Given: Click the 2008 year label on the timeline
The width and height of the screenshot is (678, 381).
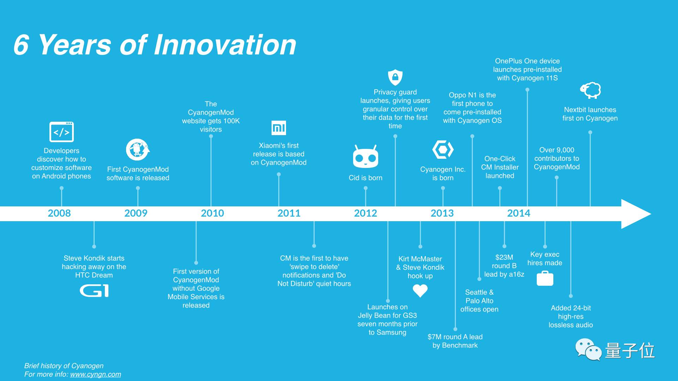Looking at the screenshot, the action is [59, 213].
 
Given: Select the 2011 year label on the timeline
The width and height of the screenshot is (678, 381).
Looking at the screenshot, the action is [289, 213].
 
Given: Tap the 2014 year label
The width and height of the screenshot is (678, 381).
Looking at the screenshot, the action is [519, 213].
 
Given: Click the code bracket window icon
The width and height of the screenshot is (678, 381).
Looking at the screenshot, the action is [61, 132].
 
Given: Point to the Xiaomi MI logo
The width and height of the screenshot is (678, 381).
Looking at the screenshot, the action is [279, 128].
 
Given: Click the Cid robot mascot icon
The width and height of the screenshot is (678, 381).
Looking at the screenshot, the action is [365, 157].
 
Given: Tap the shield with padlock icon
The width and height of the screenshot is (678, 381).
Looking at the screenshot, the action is [395, 77].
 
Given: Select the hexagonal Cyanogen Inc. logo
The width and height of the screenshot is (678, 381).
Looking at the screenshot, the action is [443, 150].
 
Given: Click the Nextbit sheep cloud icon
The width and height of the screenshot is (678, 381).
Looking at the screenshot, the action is [590, 90].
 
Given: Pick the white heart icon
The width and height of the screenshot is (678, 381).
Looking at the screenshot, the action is [420, 291].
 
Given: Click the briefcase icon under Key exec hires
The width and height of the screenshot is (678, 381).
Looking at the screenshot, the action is [545, 278].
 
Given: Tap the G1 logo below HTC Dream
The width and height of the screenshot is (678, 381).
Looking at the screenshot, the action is [94, 291].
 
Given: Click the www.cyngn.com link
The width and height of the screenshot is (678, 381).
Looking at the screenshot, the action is [95, 374].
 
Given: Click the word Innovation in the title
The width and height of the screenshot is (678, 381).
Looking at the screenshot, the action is [225, 45].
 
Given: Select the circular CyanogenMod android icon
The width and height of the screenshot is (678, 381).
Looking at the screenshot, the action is [138, 150].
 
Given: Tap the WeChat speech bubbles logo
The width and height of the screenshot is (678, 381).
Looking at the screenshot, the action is [588, 350].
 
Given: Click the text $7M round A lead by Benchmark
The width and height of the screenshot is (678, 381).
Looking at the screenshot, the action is [455, 341].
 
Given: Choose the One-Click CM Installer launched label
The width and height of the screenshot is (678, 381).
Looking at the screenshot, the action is [500, 167].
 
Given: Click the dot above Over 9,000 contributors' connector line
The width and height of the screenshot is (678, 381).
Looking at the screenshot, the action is [557, 178].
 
